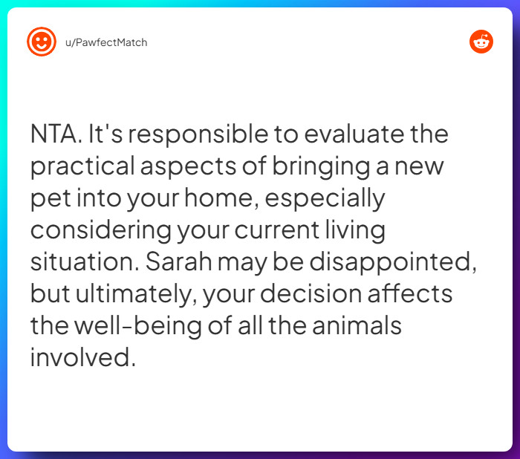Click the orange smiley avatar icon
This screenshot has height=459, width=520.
(42, 42)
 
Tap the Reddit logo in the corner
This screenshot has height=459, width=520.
(481, 42)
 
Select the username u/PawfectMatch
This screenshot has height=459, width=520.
(106, 42)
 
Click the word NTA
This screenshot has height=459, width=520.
(56, 135)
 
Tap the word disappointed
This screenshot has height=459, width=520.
(385, 261)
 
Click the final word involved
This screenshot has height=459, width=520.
(82, 357)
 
